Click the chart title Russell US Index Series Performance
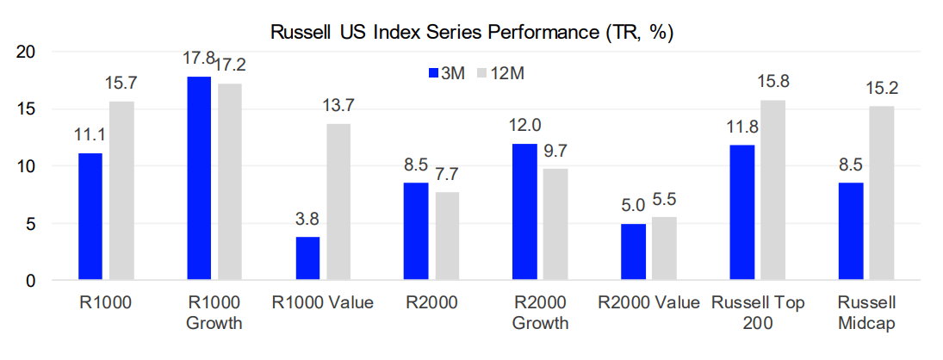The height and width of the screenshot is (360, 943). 471,34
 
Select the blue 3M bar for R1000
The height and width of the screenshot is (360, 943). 90,217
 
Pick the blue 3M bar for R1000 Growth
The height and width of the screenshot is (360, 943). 199,178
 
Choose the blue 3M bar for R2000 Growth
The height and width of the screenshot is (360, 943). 524,212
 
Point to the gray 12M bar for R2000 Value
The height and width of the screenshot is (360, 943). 664,249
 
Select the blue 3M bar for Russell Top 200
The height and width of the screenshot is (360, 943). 741,213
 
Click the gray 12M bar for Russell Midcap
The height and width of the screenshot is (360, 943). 881,194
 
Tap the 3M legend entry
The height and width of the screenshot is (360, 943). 447,73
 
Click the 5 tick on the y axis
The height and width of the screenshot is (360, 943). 30,224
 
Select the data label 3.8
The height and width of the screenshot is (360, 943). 307,219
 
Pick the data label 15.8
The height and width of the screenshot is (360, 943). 772,83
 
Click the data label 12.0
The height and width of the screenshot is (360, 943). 524,126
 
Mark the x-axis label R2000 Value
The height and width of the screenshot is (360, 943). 648,303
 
